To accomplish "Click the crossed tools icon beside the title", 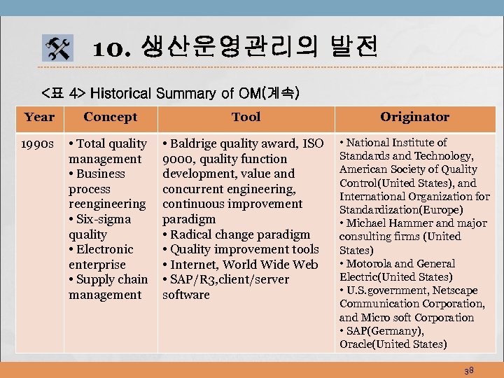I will coord(57,48).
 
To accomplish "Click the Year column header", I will coord(38,117).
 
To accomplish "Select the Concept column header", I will coord(110,117).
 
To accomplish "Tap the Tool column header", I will coord(246,117).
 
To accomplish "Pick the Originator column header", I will coord(415,117).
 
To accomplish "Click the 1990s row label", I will coord(38,144).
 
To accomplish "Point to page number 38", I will coord(468,369).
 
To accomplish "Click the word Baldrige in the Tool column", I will coord(197,144).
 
